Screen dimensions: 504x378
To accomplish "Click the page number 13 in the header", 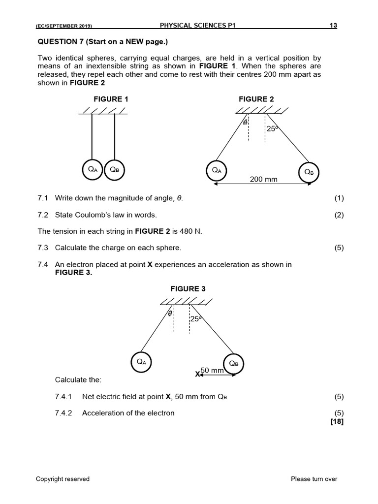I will [334, 26].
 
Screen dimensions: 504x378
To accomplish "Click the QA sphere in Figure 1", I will [92, 169].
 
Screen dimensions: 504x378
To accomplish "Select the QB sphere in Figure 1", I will [115, 169].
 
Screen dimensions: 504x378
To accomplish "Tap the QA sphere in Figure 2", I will [216, 170].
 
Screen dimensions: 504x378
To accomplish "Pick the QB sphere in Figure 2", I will [309, 172].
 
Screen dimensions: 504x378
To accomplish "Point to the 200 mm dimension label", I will [264, 180].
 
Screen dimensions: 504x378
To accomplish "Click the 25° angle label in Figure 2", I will [272, 128].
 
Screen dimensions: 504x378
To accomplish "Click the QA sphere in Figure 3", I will [141, 362].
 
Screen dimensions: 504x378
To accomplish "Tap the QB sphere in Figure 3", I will [234, 364].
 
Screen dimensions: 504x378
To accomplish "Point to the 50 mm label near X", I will [212, 370].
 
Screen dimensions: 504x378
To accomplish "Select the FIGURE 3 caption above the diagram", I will [188, 289].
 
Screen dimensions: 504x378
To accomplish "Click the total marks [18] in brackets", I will [337, 421].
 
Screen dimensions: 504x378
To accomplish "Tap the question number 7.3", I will [43, 248].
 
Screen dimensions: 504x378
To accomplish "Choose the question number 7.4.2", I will [63, 413].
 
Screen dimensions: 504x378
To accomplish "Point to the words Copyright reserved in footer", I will [63, 478].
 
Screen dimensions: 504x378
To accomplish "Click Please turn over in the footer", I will [314, 478].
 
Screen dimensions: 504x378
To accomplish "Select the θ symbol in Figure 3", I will [170, 313].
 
